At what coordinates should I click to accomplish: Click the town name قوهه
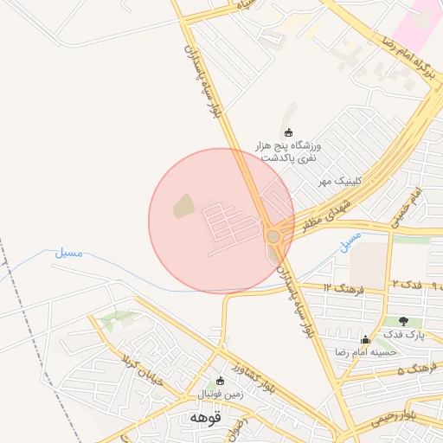(x=205, y=417)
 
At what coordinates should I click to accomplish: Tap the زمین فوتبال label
(x=221, y=395)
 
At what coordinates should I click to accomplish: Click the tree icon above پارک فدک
(x=403, y=321)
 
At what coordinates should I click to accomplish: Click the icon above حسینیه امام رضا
(x=366, y=339)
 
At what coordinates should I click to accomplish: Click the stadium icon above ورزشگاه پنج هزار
(x=288, y=132)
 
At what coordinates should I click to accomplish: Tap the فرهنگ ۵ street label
(x=412, y=370)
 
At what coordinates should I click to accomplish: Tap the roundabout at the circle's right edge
(x=273, y=235)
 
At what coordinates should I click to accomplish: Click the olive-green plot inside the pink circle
(x=183, y=206)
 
